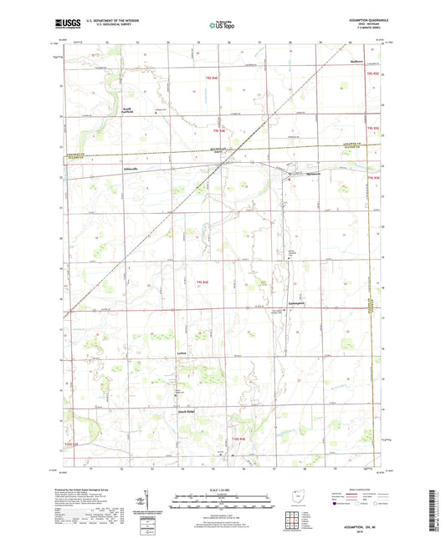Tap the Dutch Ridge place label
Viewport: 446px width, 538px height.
click(186, 411)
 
